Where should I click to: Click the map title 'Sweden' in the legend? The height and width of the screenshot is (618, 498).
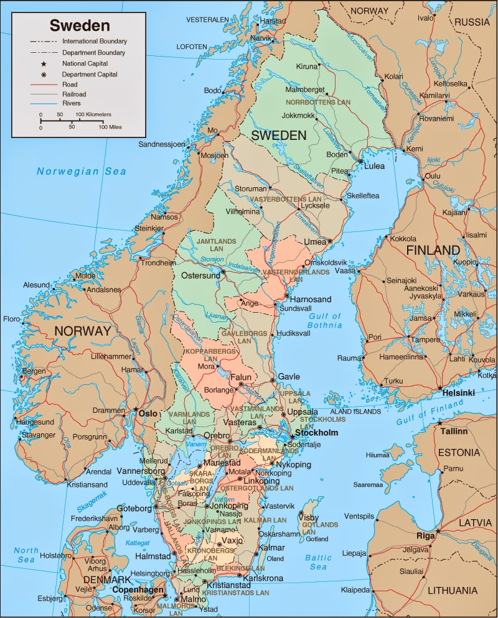click(80, 25)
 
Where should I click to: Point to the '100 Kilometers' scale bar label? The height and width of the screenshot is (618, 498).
click(93, 115)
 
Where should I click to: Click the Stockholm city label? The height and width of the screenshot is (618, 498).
click(316, 433)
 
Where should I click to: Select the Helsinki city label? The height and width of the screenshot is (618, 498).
click(458, 393)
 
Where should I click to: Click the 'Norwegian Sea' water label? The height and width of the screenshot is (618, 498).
click(81, 172)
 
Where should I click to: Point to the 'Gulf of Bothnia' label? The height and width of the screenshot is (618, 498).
click(325, 320)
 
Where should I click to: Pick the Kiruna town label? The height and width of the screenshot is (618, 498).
click(306, 67)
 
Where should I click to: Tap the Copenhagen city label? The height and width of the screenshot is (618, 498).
click(138, 589)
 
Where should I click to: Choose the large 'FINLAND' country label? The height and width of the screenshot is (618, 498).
click(433, 251)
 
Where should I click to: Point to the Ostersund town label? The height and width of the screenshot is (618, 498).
click(200, 275)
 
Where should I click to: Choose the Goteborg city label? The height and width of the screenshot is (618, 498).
click(134, 509)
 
